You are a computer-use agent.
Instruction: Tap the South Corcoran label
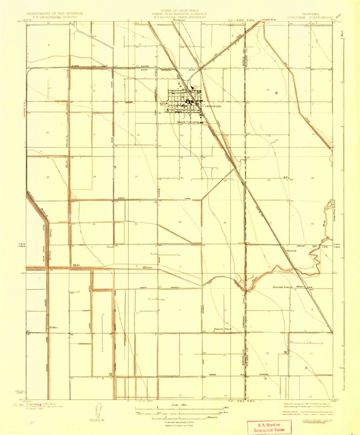pyautogui.click(x=188, y=122)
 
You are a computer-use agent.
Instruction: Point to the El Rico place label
pyautogui.click(x=54, y=327)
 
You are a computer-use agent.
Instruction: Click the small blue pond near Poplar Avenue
pyautogui.click(x=315, y=245)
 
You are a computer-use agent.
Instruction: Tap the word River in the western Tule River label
pyautogui.click(x=148, y=268)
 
